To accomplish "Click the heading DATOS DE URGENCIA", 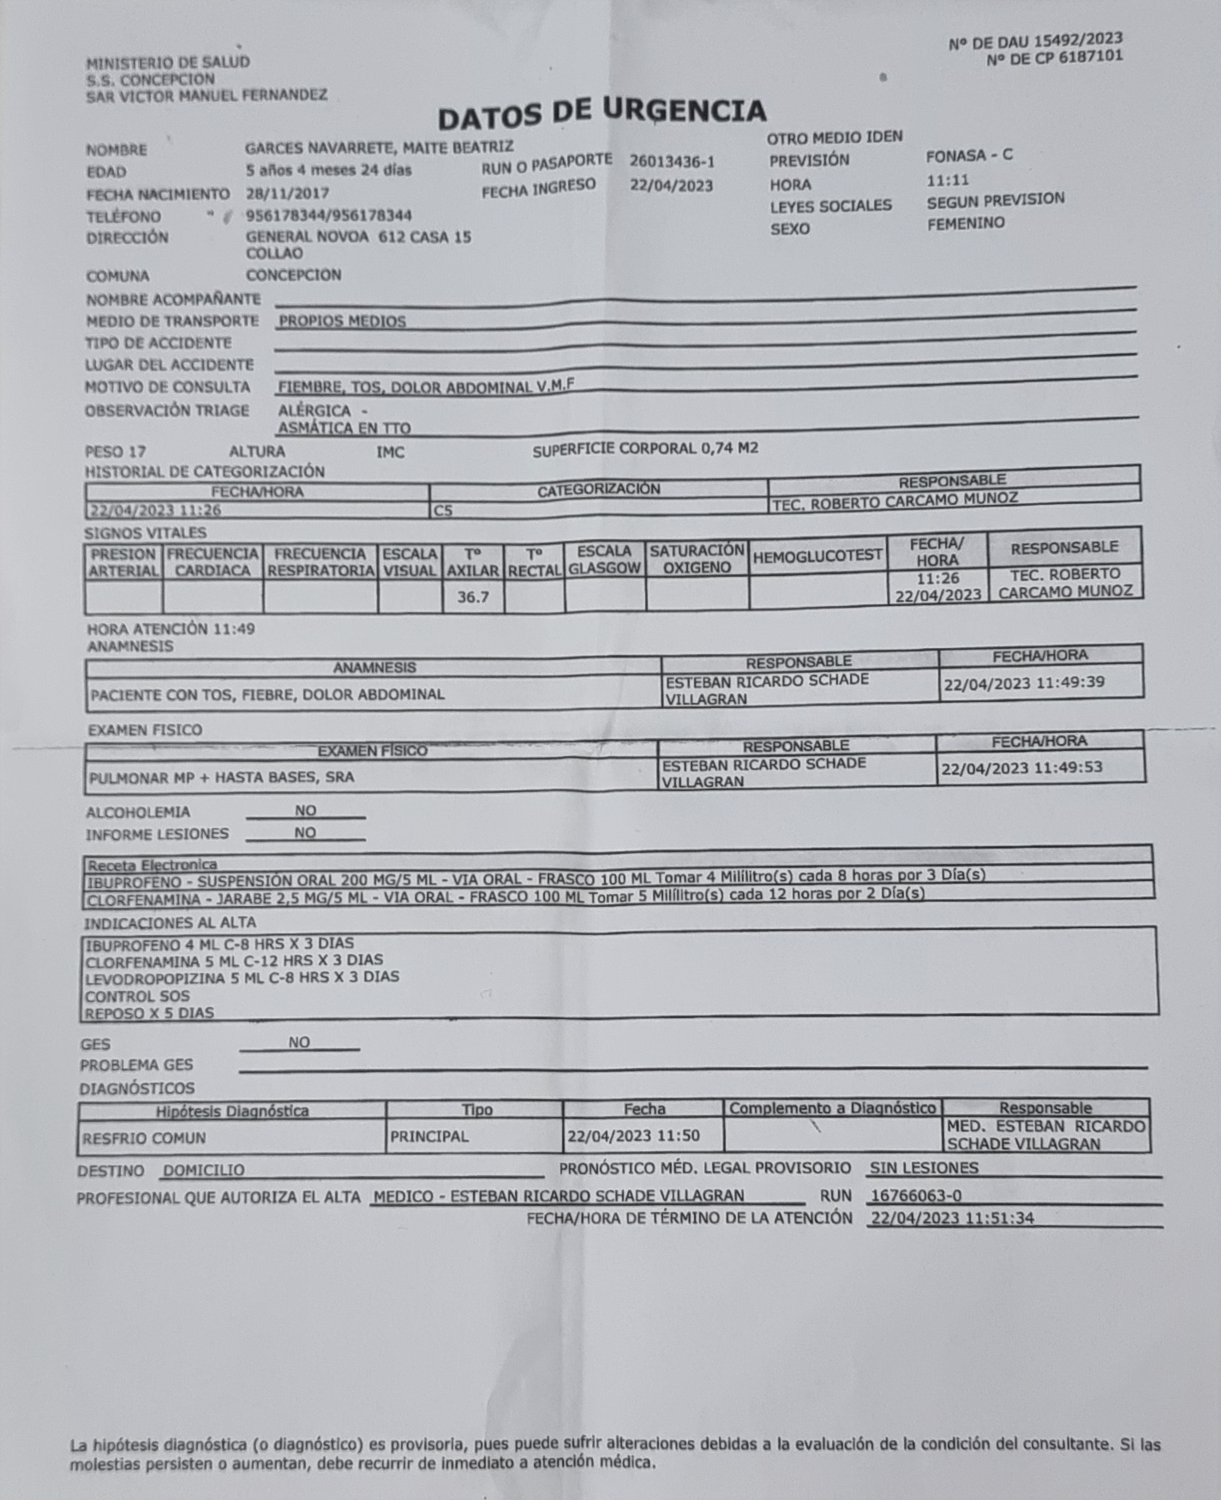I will click(602, 112).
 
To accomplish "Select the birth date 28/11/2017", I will click(287, 193).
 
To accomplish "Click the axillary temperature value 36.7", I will click(472, 597).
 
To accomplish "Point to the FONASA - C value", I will click(969, 156).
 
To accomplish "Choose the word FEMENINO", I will click(966, 224).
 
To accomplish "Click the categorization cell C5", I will click(443, 511).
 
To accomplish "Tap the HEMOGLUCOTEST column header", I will click(817, 556).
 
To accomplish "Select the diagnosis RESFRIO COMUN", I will click(144, 1139).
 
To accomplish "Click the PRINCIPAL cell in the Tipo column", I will click(429, 1137).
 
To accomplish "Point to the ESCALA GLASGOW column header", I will click(604, 560).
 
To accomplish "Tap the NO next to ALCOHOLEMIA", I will click(305, 811).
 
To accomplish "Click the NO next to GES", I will click(299, 1043).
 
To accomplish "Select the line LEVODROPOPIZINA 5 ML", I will click(242, 978).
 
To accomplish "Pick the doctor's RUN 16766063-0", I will click(916, 1196).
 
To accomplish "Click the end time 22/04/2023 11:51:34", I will click(952, 1218).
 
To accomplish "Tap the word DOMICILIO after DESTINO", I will click(204, 1171).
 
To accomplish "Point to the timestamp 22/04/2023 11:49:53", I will click(1022, 768).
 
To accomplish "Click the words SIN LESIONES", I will click(924, 1168).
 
